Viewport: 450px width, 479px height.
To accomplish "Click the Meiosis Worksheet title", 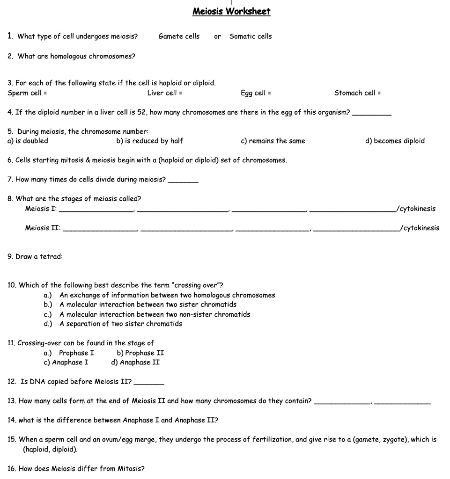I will [x=231, y=11].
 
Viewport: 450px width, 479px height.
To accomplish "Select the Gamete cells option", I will [x=179, y=36].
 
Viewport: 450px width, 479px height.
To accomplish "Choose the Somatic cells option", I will [x=251, y=36].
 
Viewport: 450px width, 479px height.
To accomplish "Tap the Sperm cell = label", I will [x=27, y=93].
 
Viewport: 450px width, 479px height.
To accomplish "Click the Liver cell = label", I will [x=165, y=93].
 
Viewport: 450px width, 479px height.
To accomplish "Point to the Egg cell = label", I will [x=256, y=93].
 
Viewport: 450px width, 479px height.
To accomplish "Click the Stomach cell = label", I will [x=357, y=93].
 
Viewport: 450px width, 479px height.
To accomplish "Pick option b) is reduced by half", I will [x=149, y=141].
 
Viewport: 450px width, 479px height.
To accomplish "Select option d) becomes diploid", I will [x=395, y=141].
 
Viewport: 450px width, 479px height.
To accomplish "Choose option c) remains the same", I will [x=273, y=141].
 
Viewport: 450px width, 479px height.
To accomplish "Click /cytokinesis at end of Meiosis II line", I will [x=420, y=228].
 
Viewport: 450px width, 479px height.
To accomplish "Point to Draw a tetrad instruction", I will [x=35, y=257].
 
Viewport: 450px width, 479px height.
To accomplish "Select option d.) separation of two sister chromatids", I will [x=113, y=324].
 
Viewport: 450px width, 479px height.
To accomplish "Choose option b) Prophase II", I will [x=140, y=353].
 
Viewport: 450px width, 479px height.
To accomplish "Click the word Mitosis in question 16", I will [x=133, y=469].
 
